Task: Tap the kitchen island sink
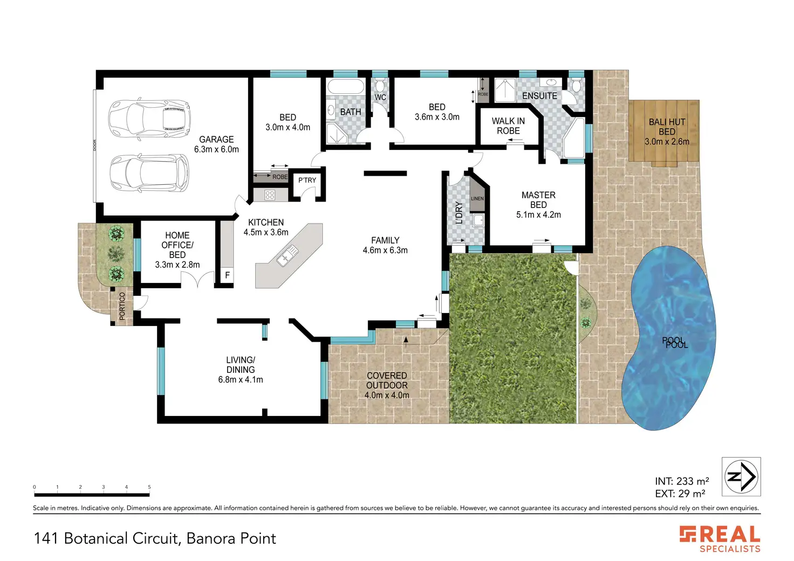[x=288, y=255]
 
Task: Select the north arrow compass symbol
[x=741, y=477]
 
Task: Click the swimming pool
[x=668, y=338]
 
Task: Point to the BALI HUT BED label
[x=667, y=131]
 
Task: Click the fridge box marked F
[x=227, y=275]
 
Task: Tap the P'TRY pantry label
[x=307, y=181]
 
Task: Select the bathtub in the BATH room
[x=346, y=86]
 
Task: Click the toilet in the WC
[x=380, y=85]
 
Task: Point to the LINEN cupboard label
[x=477, y=198]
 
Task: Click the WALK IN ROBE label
[x=508, y=126]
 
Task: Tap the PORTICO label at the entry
[x=122, y=306]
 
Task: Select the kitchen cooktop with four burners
[x=270, y=195]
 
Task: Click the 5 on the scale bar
[x=149, y=487]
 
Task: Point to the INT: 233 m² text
[x=682, y=481]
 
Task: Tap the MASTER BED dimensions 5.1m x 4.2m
[x=538, y=214]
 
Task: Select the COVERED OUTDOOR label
[x=387, y=380]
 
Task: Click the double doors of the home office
[x=197, y=280]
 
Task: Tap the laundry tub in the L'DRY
[x=478, y=220]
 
